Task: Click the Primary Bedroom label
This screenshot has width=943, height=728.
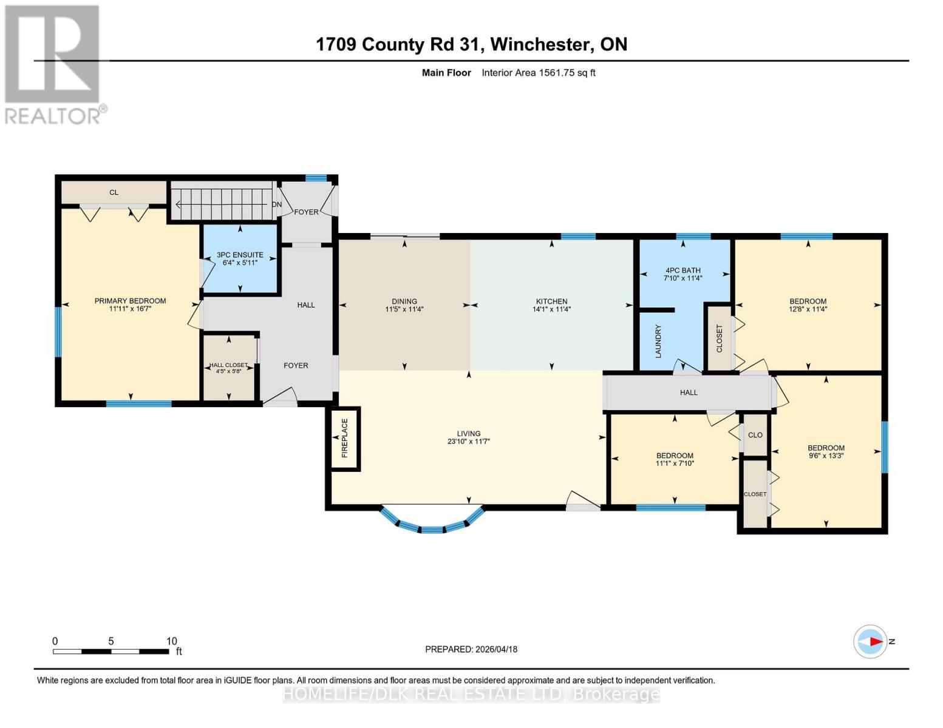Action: [x=130, y=301]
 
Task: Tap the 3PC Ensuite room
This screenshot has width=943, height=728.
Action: [x=240, y=259]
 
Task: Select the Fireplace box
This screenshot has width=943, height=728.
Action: [x=344, y=438]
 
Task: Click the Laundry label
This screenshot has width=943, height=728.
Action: [x=658, y=340]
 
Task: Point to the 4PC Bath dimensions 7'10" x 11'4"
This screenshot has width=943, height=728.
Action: [x=683, y=278]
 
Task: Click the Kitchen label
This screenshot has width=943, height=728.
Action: [x=551, y=301]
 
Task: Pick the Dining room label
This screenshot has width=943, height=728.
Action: [x=404, y=301]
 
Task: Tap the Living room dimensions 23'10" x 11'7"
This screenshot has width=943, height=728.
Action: [x=468, y=442]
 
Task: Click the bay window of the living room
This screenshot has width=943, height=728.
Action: [x=432, y=524]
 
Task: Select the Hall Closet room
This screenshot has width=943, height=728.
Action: [x=228, y=368]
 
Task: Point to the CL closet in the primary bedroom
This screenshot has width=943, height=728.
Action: [x=114, y=192]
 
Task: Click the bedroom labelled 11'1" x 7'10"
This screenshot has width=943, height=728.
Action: [x=674, y=459]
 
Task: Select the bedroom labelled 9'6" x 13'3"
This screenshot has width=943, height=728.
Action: [x=826, y=452]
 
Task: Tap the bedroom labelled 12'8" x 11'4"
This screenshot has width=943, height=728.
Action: [x=808, y=305]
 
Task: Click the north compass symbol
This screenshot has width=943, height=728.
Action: [x=870, y=641]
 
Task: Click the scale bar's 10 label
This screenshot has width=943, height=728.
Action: [x=172, y=641]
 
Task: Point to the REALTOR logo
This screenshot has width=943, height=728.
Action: [x=53, y=64]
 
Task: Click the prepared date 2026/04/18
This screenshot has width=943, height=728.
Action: [x=495, y=649]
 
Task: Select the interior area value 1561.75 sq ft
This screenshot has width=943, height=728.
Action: [x=567, y=73]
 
